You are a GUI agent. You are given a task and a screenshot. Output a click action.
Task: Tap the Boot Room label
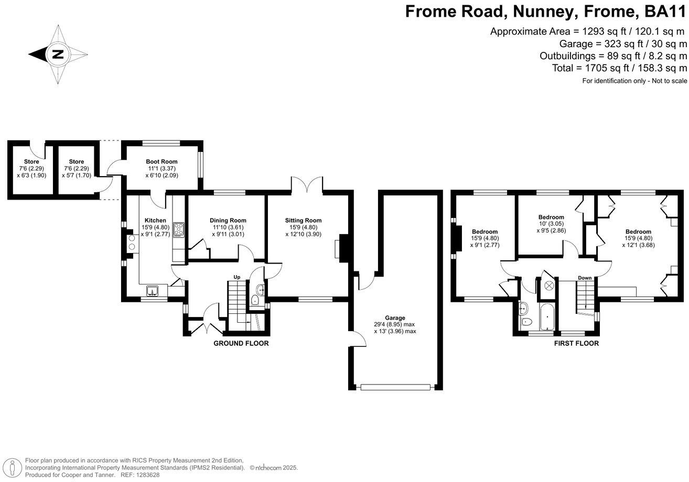point(162,162)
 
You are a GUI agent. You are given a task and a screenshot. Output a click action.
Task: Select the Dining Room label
point(228,221)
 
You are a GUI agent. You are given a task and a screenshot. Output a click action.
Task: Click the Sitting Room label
point(303,221)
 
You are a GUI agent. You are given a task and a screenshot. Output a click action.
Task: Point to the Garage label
point(395,318)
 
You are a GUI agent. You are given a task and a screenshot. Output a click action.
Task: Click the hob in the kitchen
point(179,230)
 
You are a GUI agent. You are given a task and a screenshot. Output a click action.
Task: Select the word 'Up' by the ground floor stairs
point(237,277)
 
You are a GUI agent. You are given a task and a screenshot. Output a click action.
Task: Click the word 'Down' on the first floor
point(585,278)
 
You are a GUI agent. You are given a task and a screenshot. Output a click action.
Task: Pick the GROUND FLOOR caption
point(241,344)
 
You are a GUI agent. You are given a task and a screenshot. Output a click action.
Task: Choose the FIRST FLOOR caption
point(576,344)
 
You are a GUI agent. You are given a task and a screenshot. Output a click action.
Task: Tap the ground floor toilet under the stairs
point(255,300)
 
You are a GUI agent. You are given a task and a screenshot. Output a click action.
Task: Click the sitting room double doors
point(307,184)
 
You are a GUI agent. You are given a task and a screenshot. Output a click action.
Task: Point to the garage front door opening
point(398,387)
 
